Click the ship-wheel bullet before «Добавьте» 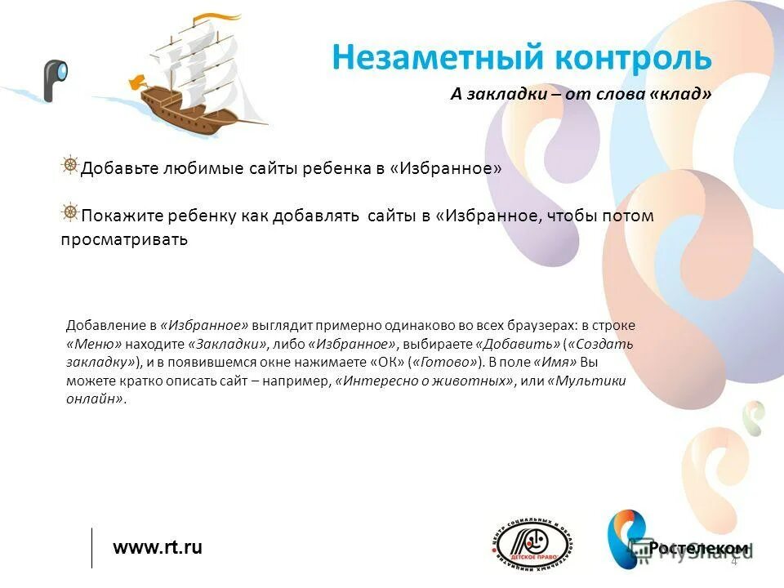coord(70,166)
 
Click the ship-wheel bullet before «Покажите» coord(70,213)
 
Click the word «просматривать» coord(124,240)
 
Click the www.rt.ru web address coord(158,547)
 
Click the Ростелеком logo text coord(699,548)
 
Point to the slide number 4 coord(733,561)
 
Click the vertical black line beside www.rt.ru coord(91,547)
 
